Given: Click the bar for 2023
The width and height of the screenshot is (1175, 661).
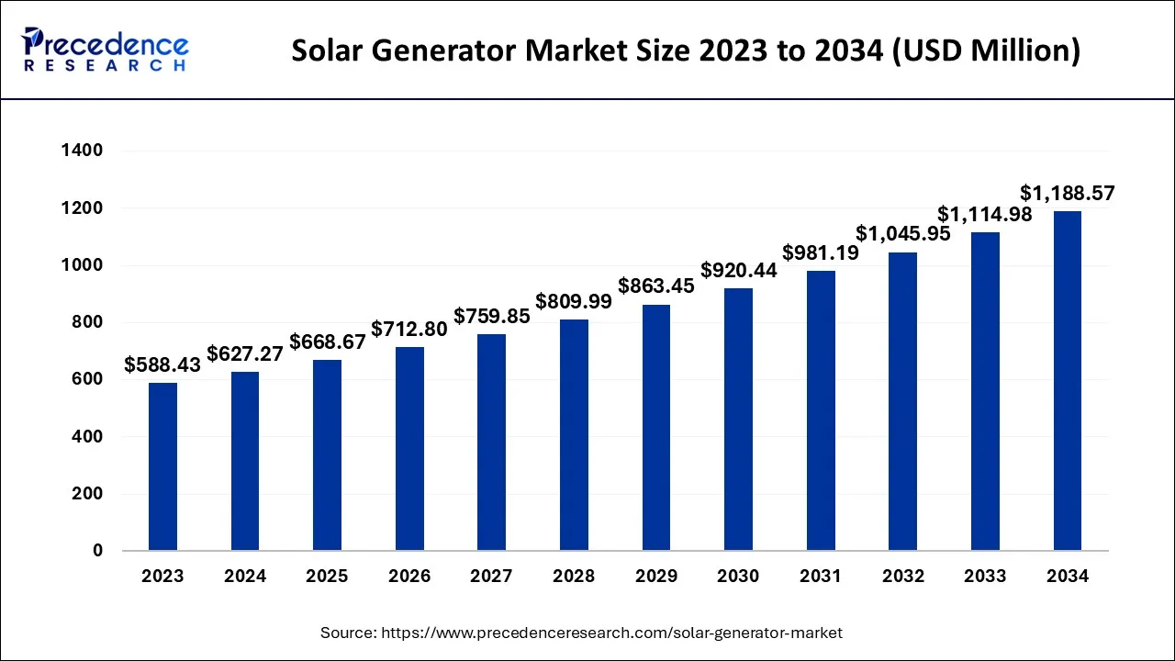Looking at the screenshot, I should click(x=162, y=466).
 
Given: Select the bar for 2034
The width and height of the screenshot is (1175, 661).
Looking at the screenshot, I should click(x=1068, y=381).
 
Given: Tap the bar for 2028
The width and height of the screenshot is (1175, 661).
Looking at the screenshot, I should click(x=574, y=435).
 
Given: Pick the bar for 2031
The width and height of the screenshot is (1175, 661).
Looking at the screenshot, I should click(x=821, y=410).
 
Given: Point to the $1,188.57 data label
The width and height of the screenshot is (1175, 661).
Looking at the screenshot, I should click(x=1068, y=194).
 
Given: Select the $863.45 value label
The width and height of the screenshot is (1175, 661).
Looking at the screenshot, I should click(x=656, y=286).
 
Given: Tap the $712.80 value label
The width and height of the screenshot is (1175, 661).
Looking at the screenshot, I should click(x=409, y=329).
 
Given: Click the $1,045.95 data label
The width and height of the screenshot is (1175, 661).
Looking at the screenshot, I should click(x=902, y=235).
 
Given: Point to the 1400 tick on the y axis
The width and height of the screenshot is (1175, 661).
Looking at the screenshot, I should click(x=83, y=151).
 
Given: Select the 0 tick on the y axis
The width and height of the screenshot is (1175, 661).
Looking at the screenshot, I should click(x=97, y=551).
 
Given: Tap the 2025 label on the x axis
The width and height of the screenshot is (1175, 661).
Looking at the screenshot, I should click(x=327, y=577).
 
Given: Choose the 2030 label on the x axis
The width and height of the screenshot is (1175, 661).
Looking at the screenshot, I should click(x=738, y=577).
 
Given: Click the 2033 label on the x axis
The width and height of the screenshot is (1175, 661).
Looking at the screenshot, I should click(x=985, y=577).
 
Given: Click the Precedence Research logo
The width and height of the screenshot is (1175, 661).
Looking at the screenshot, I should click(x=106, y=50).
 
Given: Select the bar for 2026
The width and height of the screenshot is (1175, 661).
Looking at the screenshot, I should click(x=409, y=449).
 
